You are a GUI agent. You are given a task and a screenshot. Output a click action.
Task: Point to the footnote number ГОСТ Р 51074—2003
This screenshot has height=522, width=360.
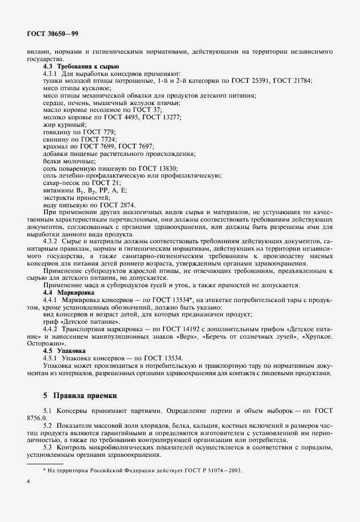218,470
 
